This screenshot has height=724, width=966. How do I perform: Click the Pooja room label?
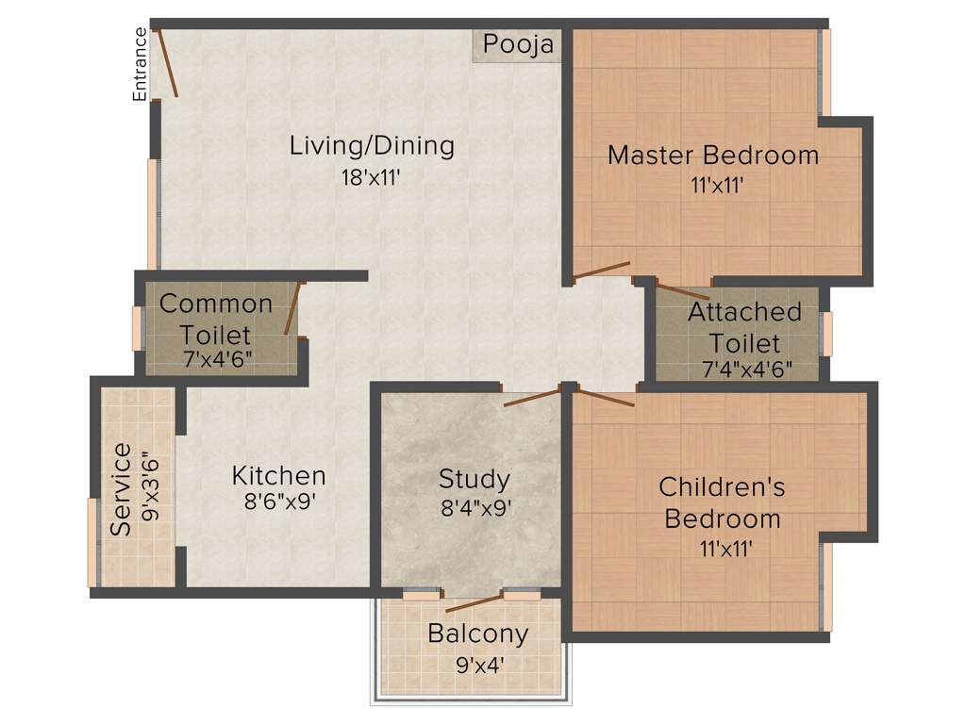517,44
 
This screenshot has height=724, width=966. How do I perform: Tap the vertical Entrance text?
140,64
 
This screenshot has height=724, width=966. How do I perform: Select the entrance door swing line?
167,63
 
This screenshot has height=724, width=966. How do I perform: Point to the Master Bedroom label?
712,155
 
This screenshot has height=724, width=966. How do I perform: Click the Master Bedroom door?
601,270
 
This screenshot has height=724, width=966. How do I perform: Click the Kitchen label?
279,476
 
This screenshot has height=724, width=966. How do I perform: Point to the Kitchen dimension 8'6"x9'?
279,502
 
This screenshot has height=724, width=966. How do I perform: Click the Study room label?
474,479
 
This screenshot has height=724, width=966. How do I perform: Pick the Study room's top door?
533,396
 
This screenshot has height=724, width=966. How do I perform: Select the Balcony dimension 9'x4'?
478,663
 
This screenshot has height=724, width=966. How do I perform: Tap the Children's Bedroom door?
604,397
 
